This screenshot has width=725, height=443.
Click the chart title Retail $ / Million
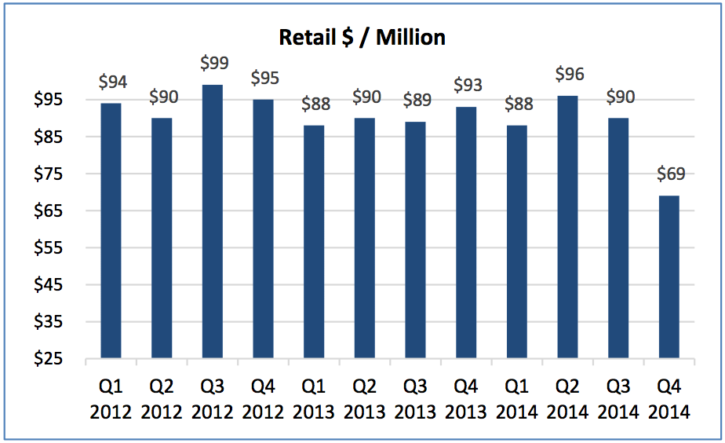click(362, 37)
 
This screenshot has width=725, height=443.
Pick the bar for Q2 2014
click(567, 227)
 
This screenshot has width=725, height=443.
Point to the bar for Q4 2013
click(465, 232)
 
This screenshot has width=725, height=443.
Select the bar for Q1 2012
click(111, 231)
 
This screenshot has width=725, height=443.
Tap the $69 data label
click(669, 173)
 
